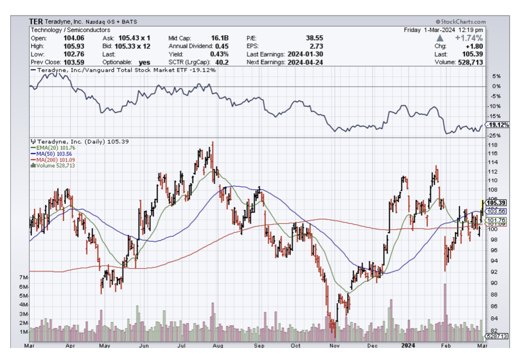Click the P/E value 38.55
click(314, 38)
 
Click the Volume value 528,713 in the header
click(470, 62)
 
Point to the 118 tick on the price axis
click(493, 145)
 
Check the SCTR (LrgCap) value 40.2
click(223, 62)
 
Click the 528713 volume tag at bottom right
click(496, 336)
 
